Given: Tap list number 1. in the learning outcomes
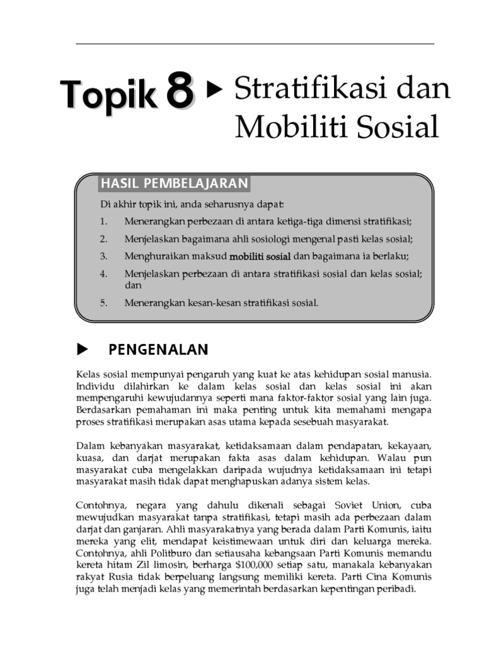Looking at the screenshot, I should pyautogui.click(x=104, y=222).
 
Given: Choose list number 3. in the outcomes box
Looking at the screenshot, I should pyautogui.click(x=104, y=256).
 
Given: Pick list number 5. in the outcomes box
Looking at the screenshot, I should pyautogui.click(x=104, y=302).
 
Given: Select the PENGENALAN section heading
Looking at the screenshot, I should pyautogui.click(x=158, y=350).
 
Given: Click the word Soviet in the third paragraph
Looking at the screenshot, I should pyautogui.click(x=338, y=506).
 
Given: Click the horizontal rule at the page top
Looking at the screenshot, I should pyautogui.click(x=255, y=43).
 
